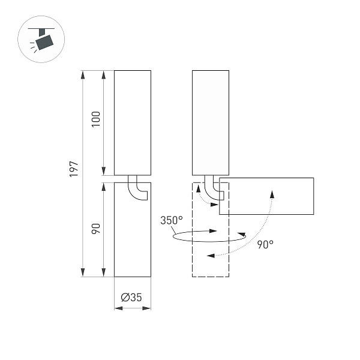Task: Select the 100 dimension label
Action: click(x=95, y=122)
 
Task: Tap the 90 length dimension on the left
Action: click(x=95, y=229)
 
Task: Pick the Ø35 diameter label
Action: click(x=131, y=297)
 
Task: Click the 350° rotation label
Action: click(x=171, y=220)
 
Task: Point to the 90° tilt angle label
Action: click(x=265, y=244)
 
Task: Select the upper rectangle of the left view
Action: click(x=133, y=122)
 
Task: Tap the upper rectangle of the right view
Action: click(x=211, y=122)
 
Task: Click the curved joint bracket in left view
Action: click(x=137, y=189)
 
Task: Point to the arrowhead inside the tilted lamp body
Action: click(x=272, y=193)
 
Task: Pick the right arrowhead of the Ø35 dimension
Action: click(x=147, y=308)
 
